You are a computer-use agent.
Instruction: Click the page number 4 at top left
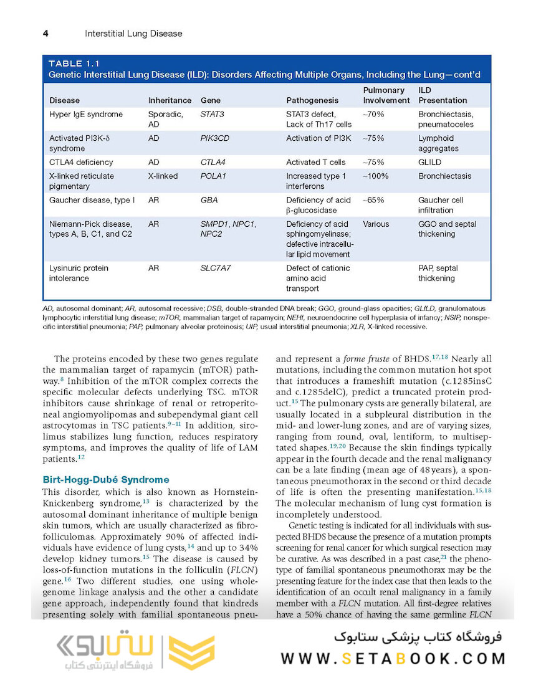coord(45,33)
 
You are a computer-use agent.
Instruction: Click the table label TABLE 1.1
coord(74,64)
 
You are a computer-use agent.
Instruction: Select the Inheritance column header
coord(170,100)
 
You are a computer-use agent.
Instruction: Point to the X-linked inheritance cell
coord(163,176)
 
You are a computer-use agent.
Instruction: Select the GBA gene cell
coord(209,201)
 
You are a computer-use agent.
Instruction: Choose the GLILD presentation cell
coord(429,163)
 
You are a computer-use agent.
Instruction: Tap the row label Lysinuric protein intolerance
coord(79,273)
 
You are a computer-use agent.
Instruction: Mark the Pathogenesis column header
coord(312,100)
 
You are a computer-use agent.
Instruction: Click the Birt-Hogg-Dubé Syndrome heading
coord(105,480)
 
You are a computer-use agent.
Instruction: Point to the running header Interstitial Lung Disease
coord(133,33)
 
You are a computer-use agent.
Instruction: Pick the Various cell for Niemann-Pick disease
coord(375,224)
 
